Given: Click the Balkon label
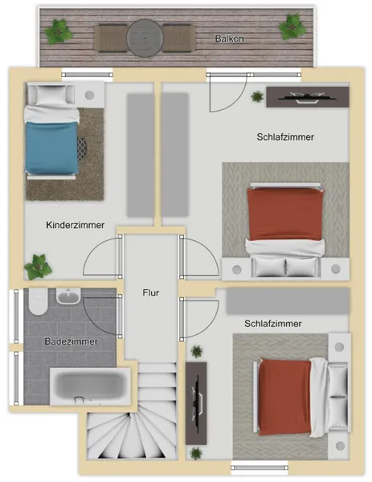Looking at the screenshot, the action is [x=229, y=39].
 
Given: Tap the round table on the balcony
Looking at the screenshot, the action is [x=145, y=38].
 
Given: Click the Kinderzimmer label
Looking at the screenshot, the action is [x=75, y=225].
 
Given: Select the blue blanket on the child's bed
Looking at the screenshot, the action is [x=51, y=148].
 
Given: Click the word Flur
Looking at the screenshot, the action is [x=151, y=292].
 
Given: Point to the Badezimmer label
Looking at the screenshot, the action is [x=71, y=341].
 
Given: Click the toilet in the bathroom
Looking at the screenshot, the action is [x=38, y=301].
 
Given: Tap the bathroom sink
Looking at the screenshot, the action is [x=68, y=296].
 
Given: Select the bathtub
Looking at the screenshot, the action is [x=90, y=386].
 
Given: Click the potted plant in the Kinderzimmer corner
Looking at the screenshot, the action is [x=38, y=267].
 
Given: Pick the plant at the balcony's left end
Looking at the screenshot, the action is [x=59, y=31].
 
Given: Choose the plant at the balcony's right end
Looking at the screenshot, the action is [x=292, y=27].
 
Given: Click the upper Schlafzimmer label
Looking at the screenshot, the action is [x=285, y=137].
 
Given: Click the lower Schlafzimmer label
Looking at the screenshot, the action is [x=273, y=324].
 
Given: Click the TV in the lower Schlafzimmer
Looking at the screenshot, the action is [x=197, y=402].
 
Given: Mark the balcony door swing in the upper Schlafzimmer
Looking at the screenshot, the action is [x=228, y=92].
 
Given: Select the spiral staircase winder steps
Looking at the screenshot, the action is [x=132, y=435].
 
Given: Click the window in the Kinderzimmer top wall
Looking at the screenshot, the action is [x=88, y=75].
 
